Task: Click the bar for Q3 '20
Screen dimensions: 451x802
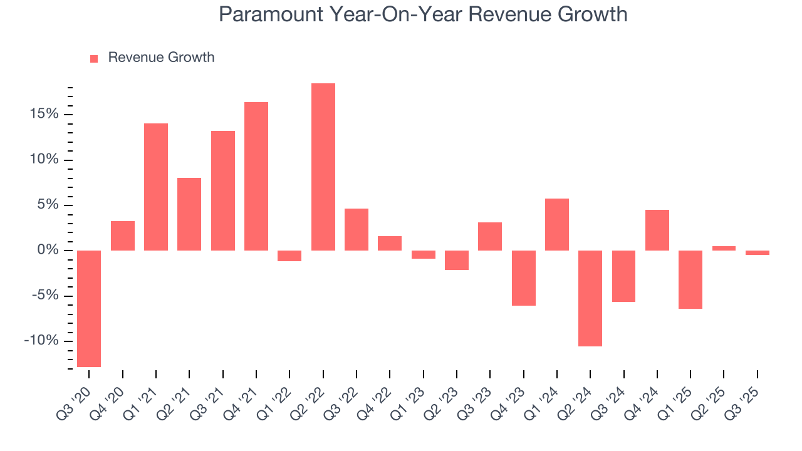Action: (89, 308)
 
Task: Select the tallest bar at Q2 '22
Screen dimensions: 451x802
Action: (323, 167)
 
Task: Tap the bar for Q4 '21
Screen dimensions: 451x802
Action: (256, 176)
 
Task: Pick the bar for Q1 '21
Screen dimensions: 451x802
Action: (156, 187)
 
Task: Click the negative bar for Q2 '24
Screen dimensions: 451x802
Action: (590, 298)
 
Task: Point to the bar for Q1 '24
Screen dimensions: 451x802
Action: (557, 224)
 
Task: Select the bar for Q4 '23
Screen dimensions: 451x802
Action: (524, 278)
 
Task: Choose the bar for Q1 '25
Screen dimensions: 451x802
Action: (690, 279)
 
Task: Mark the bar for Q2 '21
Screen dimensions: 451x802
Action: (189, 214)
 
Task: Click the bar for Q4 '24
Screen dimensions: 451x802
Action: (657, 230)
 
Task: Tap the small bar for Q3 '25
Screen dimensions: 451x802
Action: (758, 252)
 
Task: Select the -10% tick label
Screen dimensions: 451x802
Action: (41, 341)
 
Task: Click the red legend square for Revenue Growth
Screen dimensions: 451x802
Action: (94, 59)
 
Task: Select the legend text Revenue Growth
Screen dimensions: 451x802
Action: (161, 58)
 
